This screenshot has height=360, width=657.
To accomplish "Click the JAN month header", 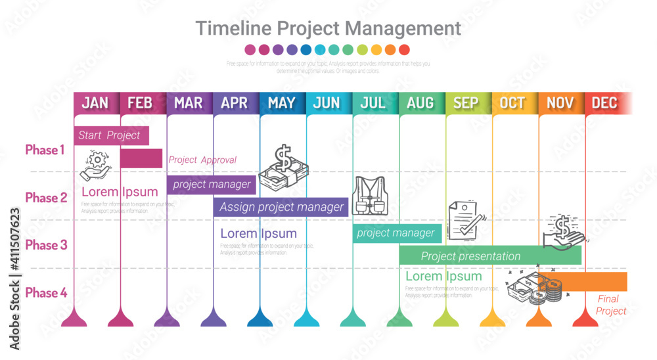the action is [x=96, y=102].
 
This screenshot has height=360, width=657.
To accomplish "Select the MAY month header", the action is [x=282, y=102].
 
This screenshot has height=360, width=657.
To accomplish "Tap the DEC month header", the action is [x=604, y=102].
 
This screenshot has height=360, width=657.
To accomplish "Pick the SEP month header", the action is [x=466, y=102].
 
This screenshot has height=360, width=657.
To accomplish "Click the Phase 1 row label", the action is [x=45, y=150].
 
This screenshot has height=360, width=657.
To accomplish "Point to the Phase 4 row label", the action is [x=46, y=293].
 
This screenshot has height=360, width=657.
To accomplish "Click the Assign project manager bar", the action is [x=281, y=207].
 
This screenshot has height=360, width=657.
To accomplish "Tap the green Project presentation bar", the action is [x=489, y=256].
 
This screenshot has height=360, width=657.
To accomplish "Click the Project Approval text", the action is [x=202, y=160].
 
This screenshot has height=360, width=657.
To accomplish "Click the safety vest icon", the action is [x=370, y=196].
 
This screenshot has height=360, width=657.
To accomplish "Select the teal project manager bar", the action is [x=396, y=233].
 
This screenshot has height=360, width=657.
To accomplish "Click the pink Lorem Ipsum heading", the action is [x=120, y=192].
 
